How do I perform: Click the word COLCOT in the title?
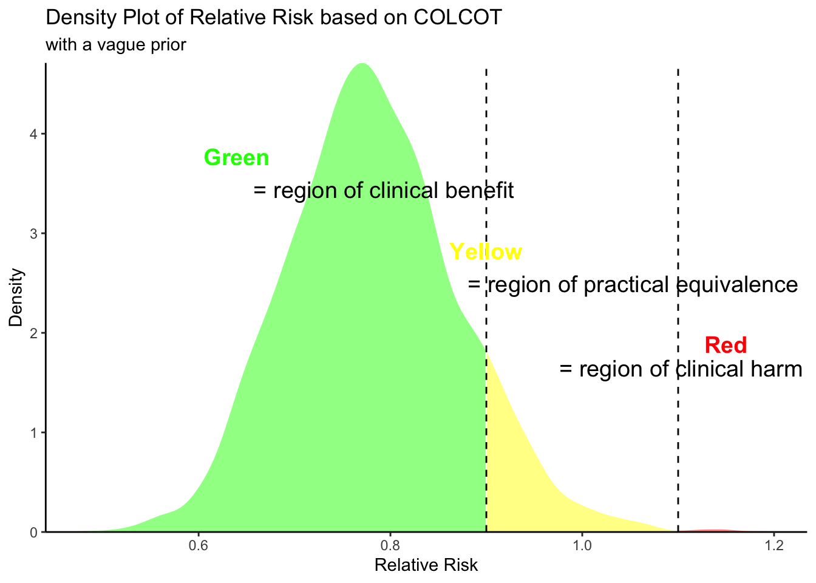click(458, 18)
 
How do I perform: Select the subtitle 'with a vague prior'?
click(115, 45)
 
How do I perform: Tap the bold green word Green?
click(236, 158)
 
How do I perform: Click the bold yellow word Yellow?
click(485, 252)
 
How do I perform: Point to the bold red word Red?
click(726, 346)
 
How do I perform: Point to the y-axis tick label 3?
click(33, 234)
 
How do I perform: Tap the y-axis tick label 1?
click(33, 433)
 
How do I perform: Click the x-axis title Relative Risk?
click(426, 566)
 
